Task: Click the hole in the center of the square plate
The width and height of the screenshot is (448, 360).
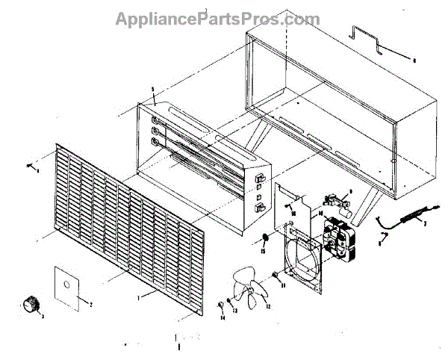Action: (x=66, y=285)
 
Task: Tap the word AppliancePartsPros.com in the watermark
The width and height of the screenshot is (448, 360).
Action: (x=217, y=19)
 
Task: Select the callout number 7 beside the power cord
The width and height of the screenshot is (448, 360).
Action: (x=423, y=223)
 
